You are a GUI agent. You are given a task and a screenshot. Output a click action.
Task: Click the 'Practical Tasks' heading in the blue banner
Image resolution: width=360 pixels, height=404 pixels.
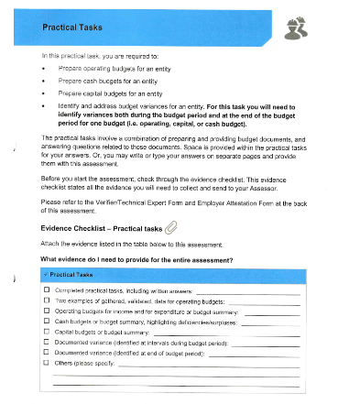pos(71,29)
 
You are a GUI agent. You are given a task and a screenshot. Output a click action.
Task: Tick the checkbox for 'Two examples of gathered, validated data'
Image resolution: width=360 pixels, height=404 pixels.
pos(47,300)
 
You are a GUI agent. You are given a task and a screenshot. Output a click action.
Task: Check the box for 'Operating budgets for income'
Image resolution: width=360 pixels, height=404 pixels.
pos(47,311)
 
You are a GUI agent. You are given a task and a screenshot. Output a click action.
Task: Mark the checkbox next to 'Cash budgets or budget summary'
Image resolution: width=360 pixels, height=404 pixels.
pos(47,322)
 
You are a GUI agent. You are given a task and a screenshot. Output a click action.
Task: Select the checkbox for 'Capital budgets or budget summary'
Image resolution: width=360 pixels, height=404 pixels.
pos(47,332)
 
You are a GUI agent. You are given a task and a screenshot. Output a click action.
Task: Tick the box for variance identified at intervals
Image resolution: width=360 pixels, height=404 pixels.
pos(47,342)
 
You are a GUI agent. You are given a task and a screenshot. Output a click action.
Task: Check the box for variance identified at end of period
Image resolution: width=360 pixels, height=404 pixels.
pos(47,352)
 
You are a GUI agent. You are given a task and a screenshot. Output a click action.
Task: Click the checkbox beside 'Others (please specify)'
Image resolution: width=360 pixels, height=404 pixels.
pos(47,363)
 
